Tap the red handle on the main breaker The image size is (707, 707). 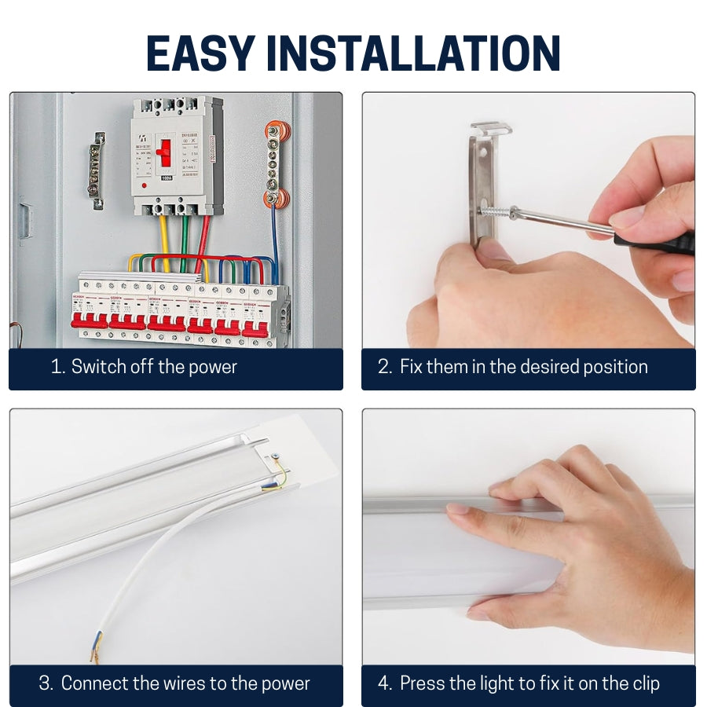click(164, 151)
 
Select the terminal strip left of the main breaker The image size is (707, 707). click(96, 170)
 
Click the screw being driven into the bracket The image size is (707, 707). click(498, 211)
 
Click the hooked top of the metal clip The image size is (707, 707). click(492, 127)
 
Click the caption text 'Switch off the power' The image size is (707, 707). click(154, 367)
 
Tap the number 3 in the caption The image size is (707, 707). click(45, 684)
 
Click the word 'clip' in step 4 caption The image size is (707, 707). click(643, 684)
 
